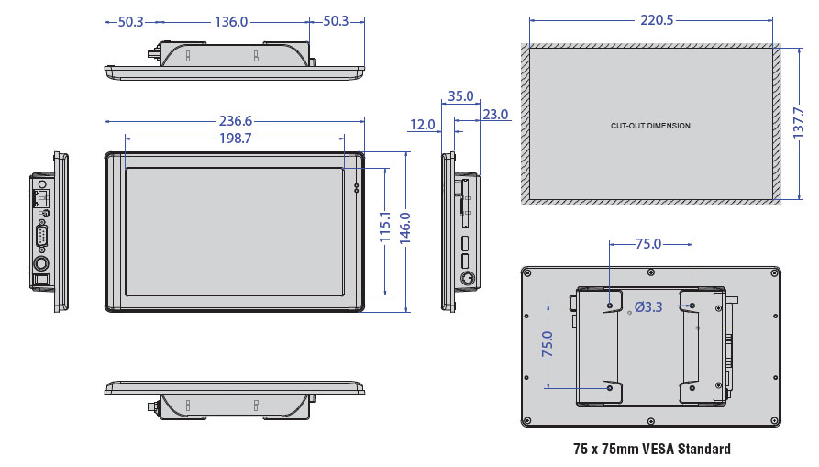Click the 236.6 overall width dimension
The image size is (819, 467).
pyautogui.click(x=235, y=121)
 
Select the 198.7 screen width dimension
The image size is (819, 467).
pyautogui.click(x=235, y=139)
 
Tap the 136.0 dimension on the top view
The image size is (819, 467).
pyautogui.click(x=231, y=22)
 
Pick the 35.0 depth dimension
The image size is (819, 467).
pyautogui.click(x=460, y=96)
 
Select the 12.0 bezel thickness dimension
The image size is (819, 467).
pyautogui.click(x=423, y=125)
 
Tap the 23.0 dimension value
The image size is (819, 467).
pyautogui.click(x=494, y=115)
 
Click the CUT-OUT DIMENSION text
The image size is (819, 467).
pyautogui.click(x=650, y=126)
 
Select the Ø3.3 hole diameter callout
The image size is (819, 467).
pyautogui.click(x=647, y=306)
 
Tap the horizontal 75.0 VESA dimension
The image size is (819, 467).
pyautogui.click(x=648, y=244)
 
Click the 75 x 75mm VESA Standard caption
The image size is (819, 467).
pyautogui.click(x=650, y=450)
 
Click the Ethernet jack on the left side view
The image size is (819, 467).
pyautogui.click(x=40, y=197)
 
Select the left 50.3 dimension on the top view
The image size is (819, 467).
pyautogui.click(x=131, y=22)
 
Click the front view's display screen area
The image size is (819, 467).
pyautogui.click(x=235, y=231)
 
